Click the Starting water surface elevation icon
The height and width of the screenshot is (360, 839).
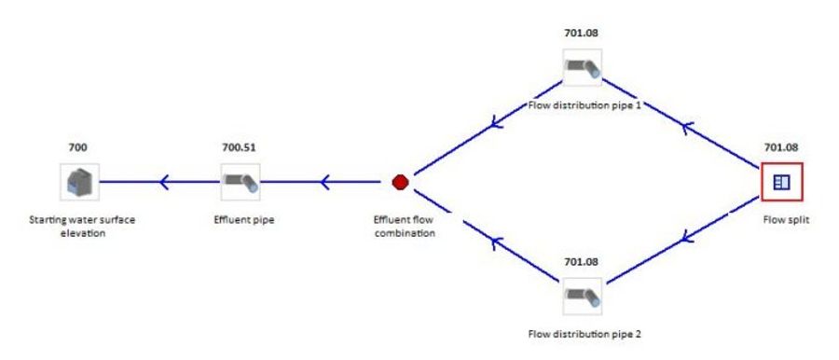[76, 181]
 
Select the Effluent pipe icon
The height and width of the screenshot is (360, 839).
[240, 181]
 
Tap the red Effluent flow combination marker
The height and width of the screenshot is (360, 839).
[400, 182]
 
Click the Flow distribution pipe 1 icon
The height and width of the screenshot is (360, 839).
[582, 67]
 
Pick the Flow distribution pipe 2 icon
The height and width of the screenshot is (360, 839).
[582, 296]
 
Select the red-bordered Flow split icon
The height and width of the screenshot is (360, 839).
[782, 182]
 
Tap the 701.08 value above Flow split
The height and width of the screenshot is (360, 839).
[782, 147]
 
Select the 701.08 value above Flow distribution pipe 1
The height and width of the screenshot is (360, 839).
[581, 33]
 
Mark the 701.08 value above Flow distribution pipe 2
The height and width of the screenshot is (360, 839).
[581, 261]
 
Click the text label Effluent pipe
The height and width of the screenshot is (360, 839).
[240, 220]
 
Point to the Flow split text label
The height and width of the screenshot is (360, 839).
[782, 220]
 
